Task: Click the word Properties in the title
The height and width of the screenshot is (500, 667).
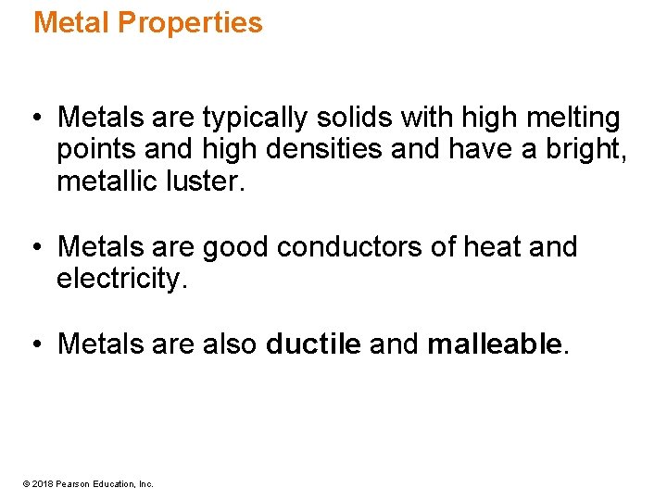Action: point(191,22)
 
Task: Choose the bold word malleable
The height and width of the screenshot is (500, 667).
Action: point(495,345)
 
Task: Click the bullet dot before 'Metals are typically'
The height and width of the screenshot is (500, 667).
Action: point(35,119)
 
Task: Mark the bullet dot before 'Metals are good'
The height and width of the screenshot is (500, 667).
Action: point(35,248)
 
